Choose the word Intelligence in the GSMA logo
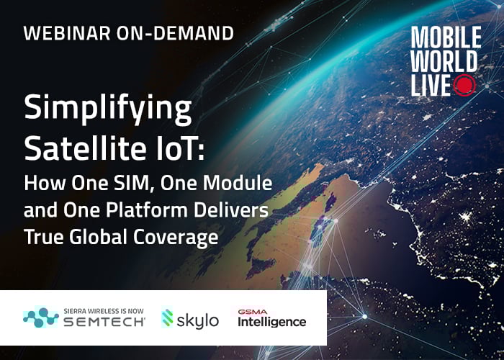272,322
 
